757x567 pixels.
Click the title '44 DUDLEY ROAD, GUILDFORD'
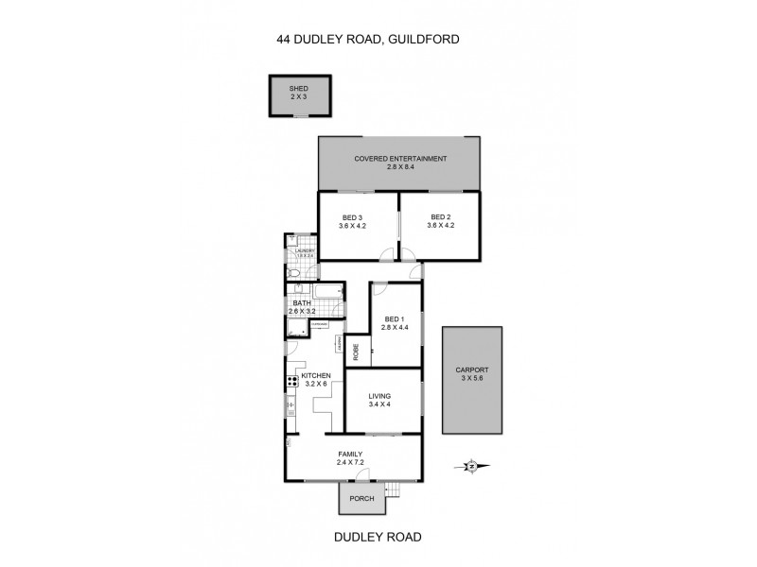point(378,40)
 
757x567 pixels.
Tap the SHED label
point(298,92)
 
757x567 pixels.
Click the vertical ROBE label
point(356,350)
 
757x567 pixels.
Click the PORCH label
point(361,499)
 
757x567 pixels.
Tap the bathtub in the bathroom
point(329,292)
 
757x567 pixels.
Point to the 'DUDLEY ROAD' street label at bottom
point(378,536)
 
